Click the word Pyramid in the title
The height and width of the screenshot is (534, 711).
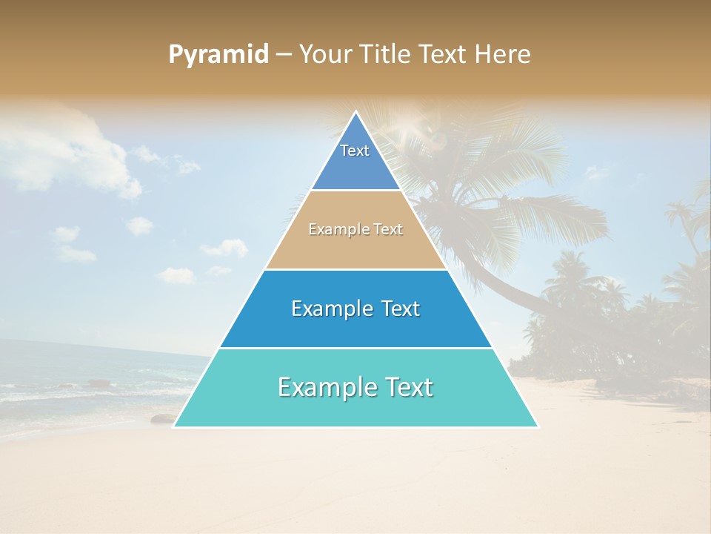click(x=218, y=55)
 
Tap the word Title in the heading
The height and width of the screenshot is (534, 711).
click(x=388, y=54)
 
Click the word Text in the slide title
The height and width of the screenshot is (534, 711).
click(x=444, y=54)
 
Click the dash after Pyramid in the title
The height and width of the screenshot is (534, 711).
click(x=283, y=55)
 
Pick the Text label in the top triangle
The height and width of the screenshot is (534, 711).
click(x=355, y=151)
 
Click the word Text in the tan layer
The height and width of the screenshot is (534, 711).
click(x=388, y=230)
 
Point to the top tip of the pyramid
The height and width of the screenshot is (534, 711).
click(x=355, y=113)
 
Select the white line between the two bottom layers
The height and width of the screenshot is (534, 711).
click(x=355, y=348)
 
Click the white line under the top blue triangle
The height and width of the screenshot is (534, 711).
click(x=355, y=191)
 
